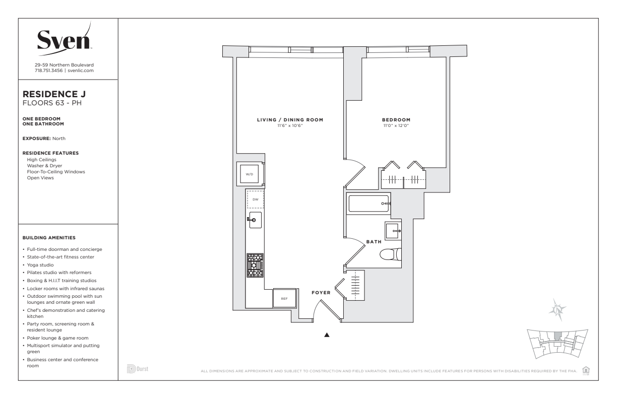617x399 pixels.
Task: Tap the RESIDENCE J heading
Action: [x=54, y=94]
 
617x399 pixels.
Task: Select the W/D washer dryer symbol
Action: [x=250, y=174]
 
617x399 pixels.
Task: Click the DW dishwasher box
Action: [x=256, y=199]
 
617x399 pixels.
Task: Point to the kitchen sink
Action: [x=255, y=220]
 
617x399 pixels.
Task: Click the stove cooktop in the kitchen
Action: [x=255, y=265]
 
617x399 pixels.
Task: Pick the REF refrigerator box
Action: [x=284, y=298]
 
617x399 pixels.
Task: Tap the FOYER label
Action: [x=321, y=293]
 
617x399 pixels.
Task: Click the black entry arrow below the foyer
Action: [x=327, y=335]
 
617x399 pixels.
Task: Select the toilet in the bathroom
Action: [x=391, y=254]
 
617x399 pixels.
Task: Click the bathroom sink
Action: [x=393, y=230]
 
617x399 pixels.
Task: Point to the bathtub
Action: [x=369, y=204]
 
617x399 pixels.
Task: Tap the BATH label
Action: [x=374, y=242]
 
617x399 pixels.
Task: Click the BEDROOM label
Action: [x=396, y=120]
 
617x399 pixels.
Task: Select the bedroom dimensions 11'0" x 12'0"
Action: [x=396, y=125]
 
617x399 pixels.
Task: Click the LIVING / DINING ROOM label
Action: [x=290, y=120]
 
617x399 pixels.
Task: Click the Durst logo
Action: [x=138, y=369]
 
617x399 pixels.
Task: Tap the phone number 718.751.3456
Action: [x=48, y=71]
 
